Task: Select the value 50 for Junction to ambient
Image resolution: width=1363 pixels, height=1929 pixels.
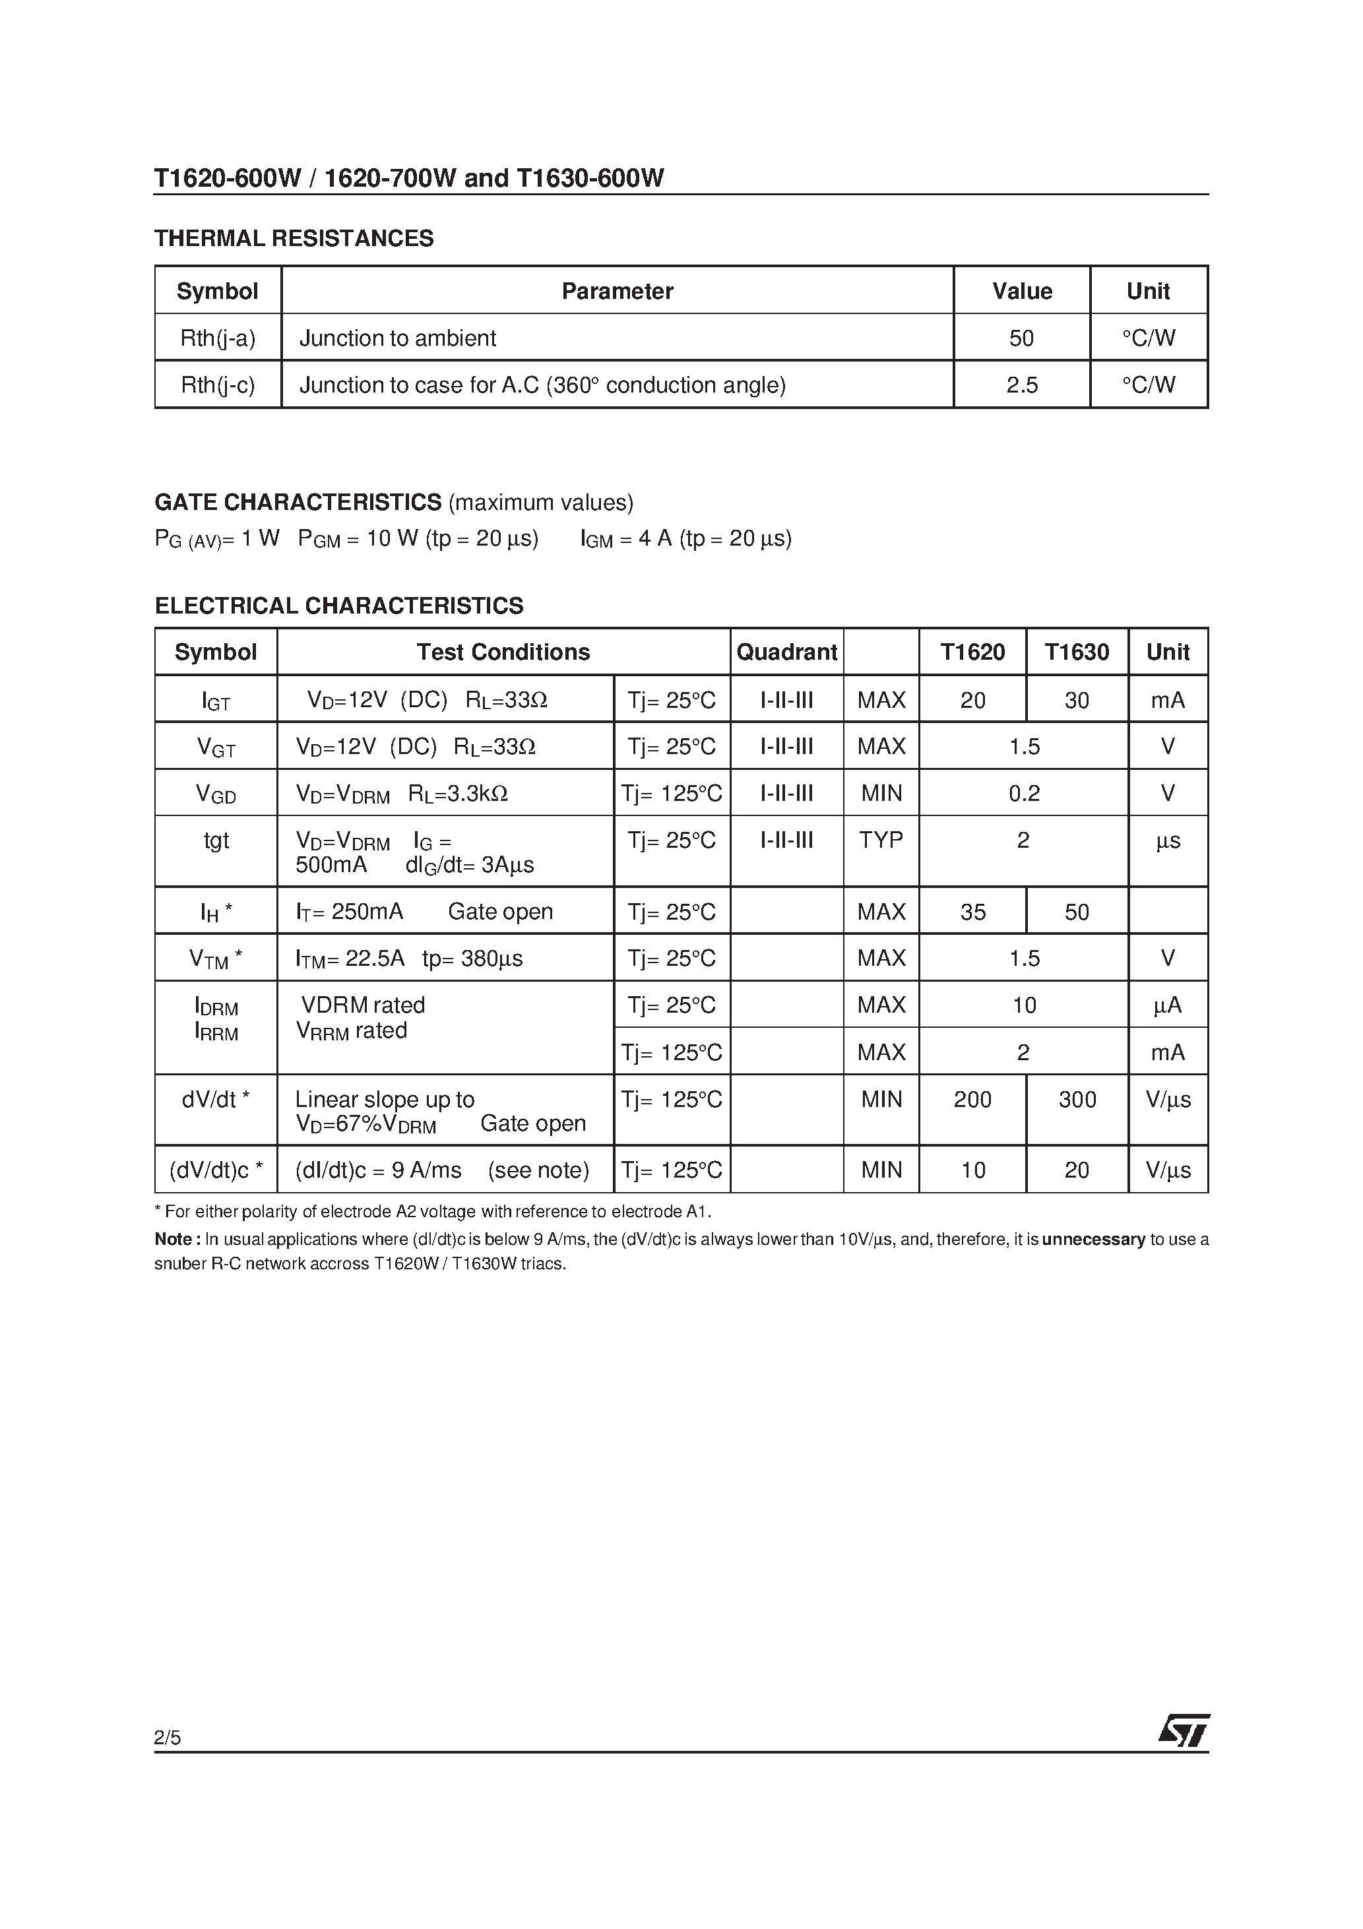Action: pos(1021,338)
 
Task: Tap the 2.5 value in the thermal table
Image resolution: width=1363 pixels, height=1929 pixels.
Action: pos(1021,385)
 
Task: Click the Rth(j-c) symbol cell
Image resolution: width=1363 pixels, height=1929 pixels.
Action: pos(218,385)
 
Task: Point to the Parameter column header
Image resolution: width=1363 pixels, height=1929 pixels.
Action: pos(617,291)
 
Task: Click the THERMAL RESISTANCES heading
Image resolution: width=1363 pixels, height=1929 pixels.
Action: pos(294,239)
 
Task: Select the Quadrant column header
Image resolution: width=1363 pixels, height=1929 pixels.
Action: pos(786,652)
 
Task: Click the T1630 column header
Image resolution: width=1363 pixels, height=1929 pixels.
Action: pos(1077,652)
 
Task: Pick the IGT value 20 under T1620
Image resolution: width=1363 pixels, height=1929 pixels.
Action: pos(972,700)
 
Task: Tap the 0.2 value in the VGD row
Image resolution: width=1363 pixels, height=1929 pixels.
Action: pos(1023,793)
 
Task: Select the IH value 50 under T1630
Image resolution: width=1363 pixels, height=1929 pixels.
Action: pos(1077,912)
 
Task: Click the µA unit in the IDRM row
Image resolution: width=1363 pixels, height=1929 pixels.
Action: pos(1167,1005)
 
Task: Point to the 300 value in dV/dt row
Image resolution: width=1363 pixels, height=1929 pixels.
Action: pos(1077,1099)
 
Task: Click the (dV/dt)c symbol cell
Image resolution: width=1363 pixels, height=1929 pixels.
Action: pos(216,1170)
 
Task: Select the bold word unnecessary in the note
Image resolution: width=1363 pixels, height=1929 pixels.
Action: pos(1093,1239)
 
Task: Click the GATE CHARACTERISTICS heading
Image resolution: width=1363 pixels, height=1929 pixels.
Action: pos(298,503)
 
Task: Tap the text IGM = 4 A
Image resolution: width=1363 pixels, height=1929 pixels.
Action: pos(626,538)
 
